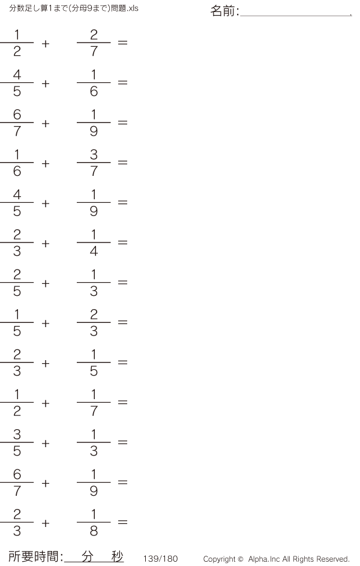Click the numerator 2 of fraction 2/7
tap(94, 35)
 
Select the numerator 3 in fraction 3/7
tap(94, 154)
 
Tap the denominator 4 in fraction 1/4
tap(94, 251)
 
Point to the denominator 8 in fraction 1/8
tap(94, 531)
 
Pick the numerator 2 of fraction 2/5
tap(17, 274)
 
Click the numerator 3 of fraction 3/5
tap(17, 434)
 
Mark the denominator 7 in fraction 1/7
tap(94, 411)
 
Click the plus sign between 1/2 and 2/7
tap(46, 44)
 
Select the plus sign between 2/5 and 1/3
tap(46, 283)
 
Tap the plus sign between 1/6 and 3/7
tap(46, 163)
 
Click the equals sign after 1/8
tap(122, 522)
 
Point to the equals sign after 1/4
tap(122, 242)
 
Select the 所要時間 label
tap(33, 556)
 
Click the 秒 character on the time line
tap(117, 556)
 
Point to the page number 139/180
tap(161, 559)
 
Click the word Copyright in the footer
tap(220, 559)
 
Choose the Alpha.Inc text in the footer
tap(264, 559)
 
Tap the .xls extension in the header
tap(133, 8)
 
